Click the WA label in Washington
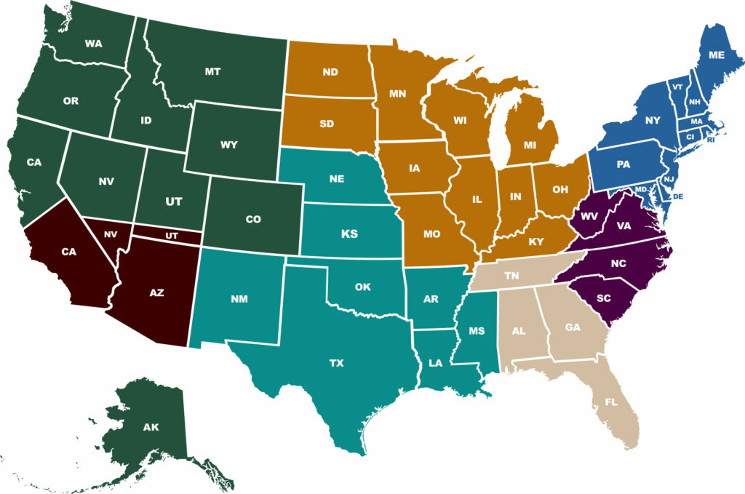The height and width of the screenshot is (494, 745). point(93,44)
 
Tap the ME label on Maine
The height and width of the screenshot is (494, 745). point(716,54)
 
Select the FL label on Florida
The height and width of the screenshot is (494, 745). point(611,401)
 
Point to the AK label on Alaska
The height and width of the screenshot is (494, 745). point(151,427)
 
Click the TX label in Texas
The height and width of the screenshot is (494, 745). point(337,361)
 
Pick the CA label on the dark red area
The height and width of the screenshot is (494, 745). point(68,252)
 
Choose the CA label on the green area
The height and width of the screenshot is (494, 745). point(34,162)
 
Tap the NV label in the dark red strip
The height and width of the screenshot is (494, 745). point(111,234)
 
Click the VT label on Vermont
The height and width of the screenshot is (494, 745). point(677,87)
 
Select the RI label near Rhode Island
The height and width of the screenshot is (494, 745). point(711,140)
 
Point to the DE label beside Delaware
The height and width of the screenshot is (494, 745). point(679,196)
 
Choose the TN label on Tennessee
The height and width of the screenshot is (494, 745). point(512,276)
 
